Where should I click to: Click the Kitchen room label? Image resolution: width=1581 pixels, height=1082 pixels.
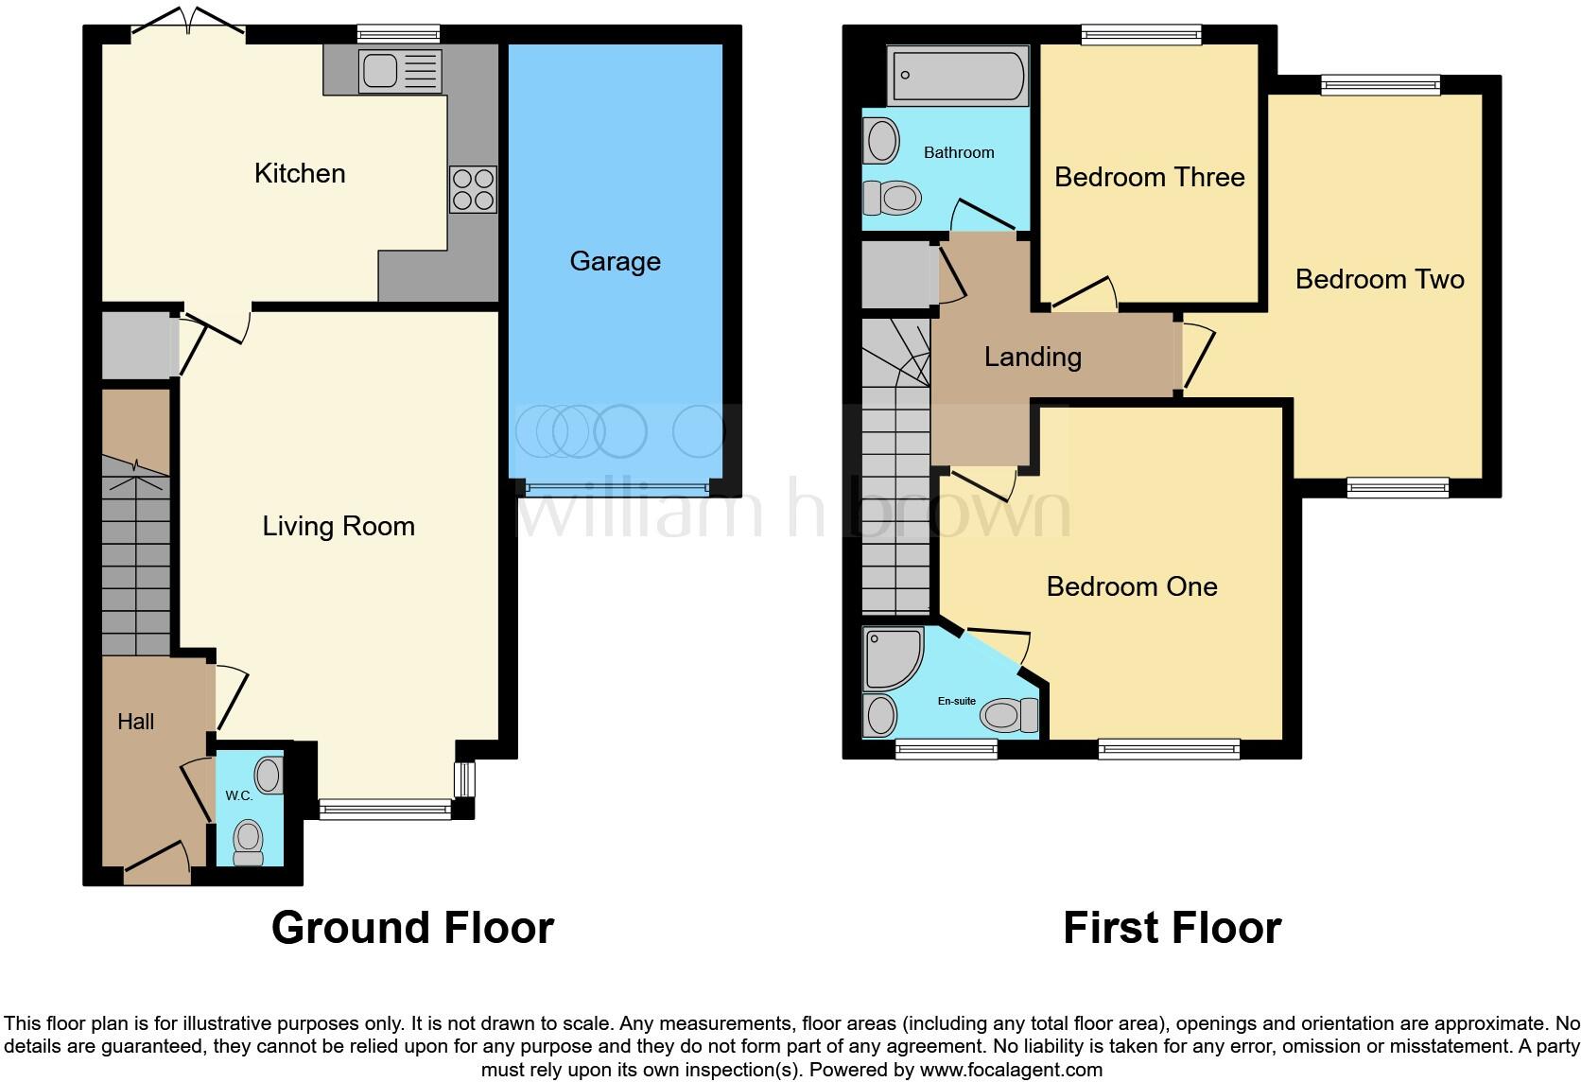pos(300,173)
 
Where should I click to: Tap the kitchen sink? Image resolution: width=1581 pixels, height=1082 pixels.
pos(399,71)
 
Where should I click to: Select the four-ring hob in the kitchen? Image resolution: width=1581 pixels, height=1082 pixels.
pos(473,189)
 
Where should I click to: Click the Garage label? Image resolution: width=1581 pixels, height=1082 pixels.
pos(615,261)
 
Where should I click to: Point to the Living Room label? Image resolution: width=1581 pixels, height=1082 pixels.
pos(339,526)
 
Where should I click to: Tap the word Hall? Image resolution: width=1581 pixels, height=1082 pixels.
pos(135,722)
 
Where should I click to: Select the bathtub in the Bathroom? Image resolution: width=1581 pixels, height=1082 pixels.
pos(958,76)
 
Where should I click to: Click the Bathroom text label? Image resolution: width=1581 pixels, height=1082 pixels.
pos(959,152)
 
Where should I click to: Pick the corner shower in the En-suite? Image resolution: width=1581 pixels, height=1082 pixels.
pos(891,657)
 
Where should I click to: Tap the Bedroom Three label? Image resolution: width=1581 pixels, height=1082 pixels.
pos(1149,177)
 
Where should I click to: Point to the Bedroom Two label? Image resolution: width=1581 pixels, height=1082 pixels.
pos(1379,279)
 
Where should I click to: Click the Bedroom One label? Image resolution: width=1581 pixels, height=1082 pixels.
pos(1131,586)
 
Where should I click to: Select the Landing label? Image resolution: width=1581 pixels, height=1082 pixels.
pos(1033,357)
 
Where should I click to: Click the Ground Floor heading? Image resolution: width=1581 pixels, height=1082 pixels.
pos(412,928)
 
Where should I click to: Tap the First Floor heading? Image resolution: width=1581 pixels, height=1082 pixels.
pos(1172,928)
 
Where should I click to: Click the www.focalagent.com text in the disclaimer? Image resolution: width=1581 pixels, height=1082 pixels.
pos(1011,1070)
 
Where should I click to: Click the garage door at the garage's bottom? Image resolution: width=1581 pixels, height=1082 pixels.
pos(617,488)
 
